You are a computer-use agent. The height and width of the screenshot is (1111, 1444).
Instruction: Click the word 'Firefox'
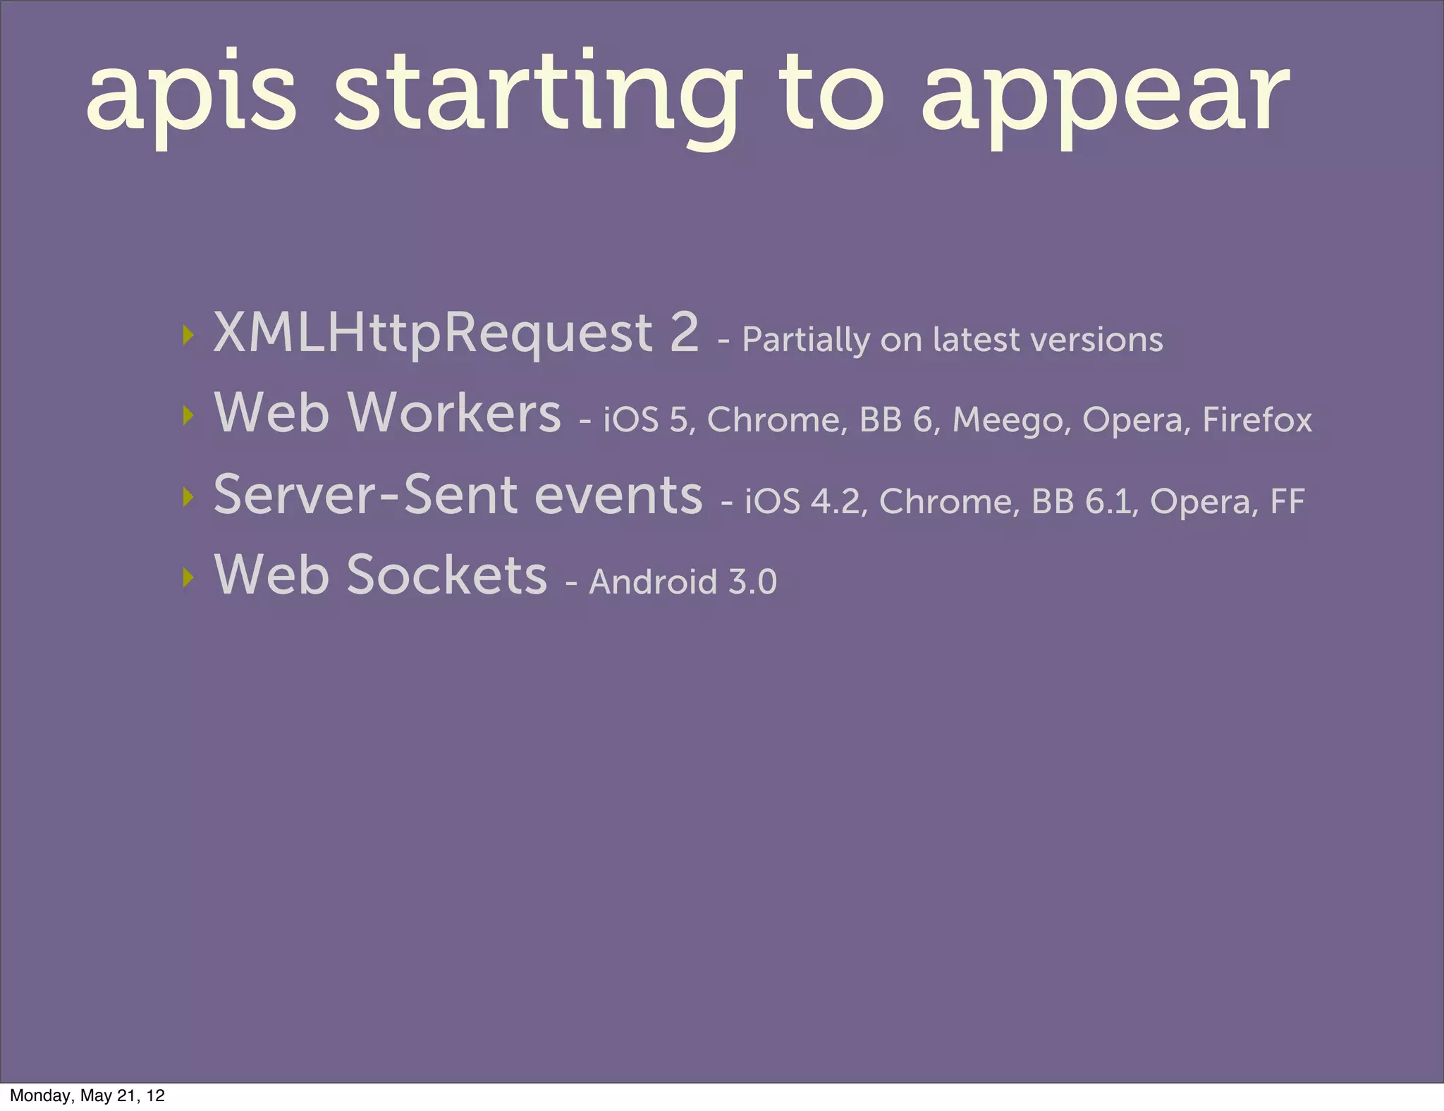[x=1256, y=420]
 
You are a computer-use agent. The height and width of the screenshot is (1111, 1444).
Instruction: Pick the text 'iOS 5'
[x=644, y=420]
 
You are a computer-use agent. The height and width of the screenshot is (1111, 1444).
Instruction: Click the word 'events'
[x=618, y=495]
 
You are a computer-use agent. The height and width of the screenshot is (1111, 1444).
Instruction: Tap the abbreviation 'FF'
[x=1287, y=502]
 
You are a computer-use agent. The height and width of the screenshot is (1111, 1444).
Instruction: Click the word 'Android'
[x=653, y=582]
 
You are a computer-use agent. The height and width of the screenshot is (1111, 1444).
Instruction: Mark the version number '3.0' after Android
[x=752, y=582]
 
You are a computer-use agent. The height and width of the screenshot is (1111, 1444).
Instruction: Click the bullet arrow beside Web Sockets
[x=187, y=577]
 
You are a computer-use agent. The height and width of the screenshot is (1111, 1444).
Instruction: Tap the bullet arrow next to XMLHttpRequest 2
[x=187, y=335]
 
